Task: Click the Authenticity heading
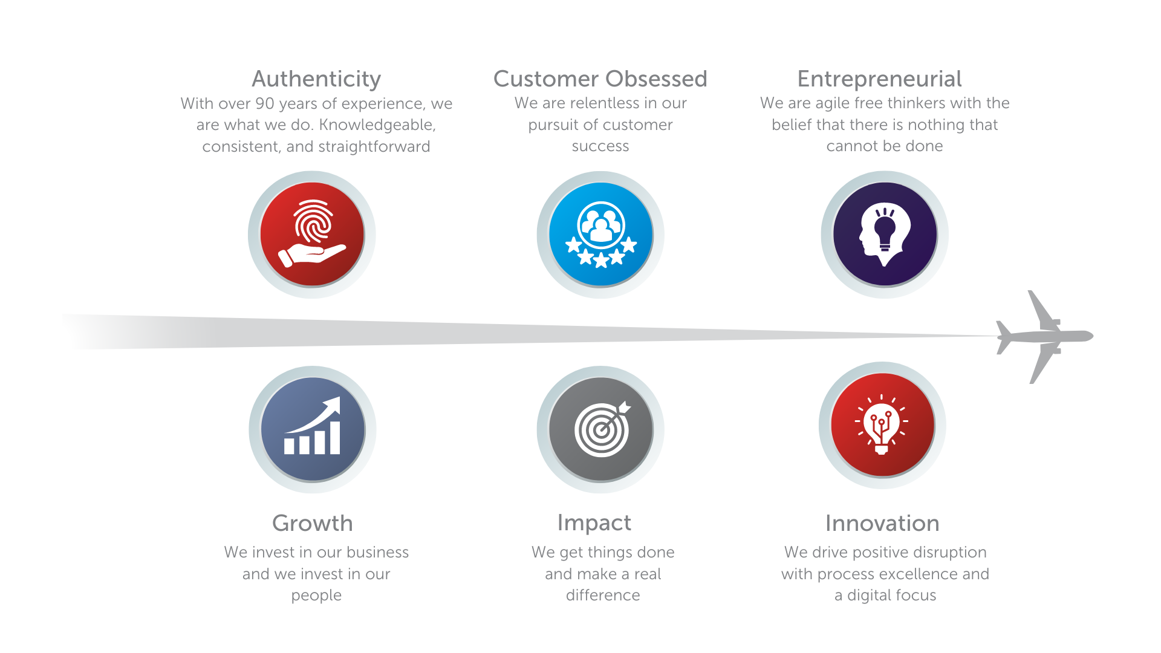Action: pyautogui.click(x=316, y=79)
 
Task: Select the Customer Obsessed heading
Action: pyautogui.click(x=600, y=79)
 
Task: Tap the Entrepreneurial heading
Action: pyautogui.click(x=879, y=79)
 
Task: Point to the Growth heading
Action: pyautogui.click(x=313, y=523)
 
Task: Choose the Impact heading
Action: pyautogui.click(x=594, y=523)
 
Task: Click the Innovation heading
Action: pyautogui.click(x=882, y=523)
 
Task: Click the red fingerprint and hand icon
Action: pyautogui.click(x=312, y=234)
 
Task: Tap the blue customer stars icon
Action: pyautogui.click(x=600, y=234)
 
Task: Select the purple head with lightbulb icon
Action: pyautogui.click(x=885, y=234)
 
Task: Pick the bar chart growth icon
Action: pyautogui.click(x=313, y=429)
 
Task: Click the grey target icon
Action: pyautogui.click(x=600, y=429)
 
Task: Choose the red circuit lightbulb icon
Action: pyautogui.click(x=882, y=425)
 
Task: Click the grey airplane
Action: pyautogui.click(x=1045, y=336)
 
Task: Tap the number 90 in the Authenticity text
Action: pyautogui.click(x=265, y=103)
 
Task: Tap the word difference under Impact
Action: pyautogui.click(x=603, y=596)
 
